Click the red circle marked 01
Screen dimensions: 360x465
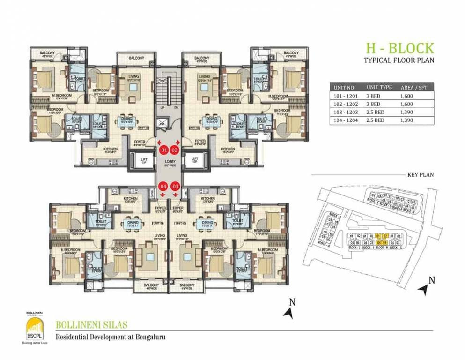(163, 150)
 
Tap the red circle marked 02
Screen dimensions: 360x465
(174, 150)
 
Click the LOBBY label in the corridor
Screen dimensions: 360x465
(169, 162)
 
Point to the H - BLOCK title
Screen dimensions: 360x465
(399, 48)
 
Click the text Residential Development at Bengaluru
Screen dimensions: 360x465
(111, 337)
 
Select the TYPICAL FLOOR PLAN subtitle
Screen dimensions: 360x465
(399, 60)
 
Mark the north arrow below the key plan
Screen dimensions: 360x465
(428, 287)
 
